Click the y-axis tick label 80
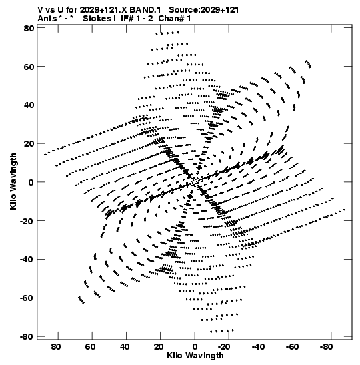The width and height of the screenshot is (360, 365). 29,28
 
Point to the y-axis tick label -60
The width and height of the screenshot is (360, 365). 26,298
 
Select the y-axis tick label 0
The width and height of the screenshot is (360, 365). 31,182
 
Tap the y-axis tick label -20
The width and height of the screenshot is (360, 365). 26,221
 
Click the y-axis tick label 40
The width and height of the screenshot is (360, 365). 29,105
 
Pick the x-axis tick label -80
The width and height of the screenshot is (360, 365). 326,347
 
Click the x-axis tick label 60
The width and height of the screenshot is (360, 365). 90,347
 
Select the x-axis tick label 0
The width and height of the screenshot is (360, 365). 195,347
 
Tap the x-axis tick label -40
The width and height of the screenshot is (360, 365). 258,347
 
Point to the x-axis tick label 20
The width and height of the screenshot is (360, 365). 159,347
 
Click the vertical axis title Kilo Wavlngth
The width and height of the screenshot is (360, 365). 13,181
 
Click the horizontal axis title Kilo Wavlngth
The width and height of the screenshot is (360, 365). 195,356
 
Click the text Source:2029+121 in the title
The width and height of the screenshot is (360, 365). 204,10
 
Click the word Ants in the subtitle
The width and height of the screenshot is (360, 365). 47,19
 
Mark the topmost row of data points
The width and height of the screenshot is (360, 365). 167,33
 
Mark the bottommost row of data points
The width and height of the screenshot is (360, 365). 221,331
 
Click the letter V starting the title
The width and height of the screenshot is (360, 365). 40,10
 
